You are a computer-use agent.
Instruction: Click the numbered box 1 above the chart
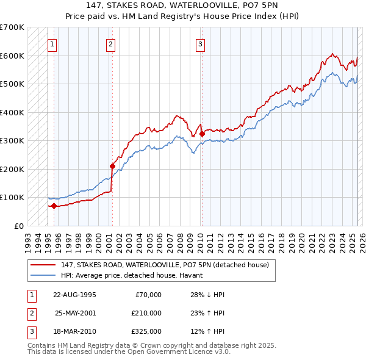pyautogui.click(x=52, y=43)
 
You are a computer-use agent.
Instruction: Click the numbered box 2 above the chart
pyautogui.click(x=110, y=43)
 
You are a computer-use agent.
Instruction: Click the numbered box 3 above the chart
pyautogui.click(x=200, y=43)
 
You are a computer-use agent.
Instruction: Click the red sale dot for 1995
pyautogui.click(x=54, y=206)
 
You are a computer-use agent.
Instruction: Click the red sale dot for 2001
pyautogui.click(x=112, y=165)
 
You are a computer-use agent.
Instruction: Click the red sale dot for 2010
pyautogui.click(x=201, y=133)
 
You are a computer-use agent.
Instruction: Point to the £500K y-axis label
pyautogui.click(x=12, y=84)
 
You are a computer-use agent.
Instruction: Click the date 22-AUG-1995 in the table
pyautogui.click(x=74, y=295)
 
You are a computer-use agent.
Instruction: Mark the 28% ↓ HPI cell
pyautogui.click(x=207, y=295)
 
